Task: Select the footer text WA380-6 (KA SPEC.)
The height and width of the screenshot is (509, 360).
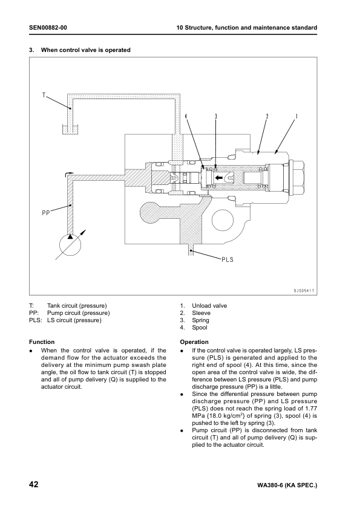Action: click(x=287, y=485)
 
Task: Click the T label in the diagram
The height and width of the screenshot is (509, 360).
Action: click(x=44, y=95)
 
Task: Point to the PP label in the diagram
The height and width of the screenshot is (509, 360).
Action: click(x=46, y=212)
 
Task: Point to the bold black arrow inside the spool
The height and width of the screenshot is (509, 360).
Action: click(x=229, y=178)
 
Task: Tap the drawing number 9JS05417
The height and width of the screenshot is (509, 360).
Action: click(x=301, y=291)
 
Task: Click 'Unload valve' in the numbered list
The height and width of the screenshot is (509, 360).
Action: click(x=209, y=306)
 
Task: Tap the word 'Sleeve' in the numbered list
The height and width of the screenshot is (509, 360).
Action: click(x=201, y=313)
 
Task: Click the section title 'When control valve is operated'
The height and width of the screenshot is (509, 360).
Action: click(x=85, y=50)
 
